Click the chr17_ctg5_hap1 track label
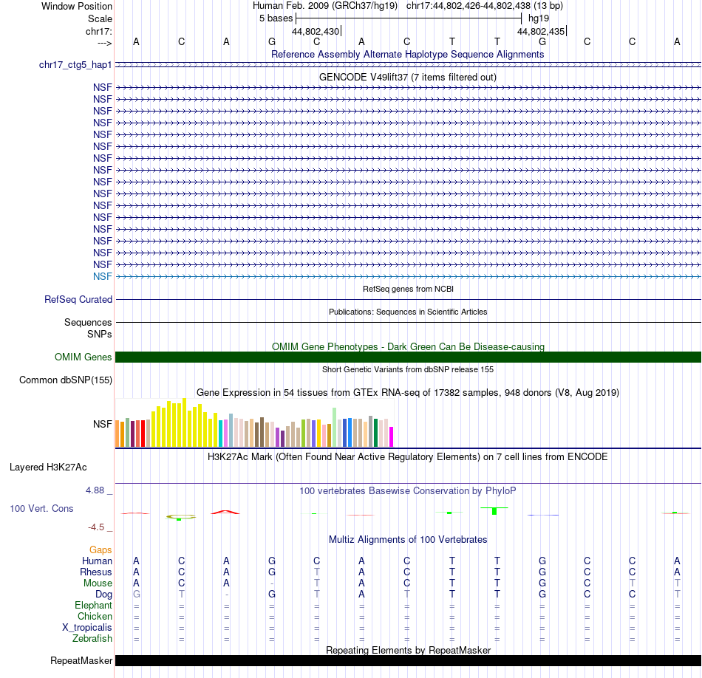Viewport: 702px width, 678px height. point(75,65)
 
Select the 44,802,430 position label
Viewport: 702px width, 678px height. point(316,31)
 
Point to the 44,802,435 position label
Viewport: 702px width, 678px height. point(541,31)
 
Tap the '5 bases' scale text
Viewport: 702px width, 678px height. point(276,18)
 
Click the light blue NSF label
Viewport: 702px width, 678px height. point(103,276)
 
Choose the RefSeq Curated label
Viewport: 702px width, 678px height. point(78,300)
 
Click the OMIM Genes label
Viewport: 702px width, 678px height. point(84,357)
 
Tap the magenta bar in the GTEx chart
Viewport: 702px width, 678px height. point(392,436)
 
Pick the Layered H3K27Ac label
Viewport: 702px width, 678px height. point(48,468)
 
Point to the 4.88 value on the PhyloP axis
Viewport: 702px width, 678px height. point(99,490)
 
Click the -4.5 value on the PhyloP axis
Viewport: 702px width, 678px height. point(100,527)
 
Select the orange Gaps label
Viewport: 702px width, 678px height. point(100,550)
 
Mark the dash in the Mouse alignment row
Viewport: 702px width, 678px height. point(271,583)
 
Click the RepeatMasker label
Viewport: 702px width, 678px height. point(81,660)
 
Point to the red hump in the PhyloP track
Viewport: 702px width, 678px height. point(225,511)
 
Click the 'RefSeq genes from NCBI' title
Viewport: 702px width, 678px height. point(408,289)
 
